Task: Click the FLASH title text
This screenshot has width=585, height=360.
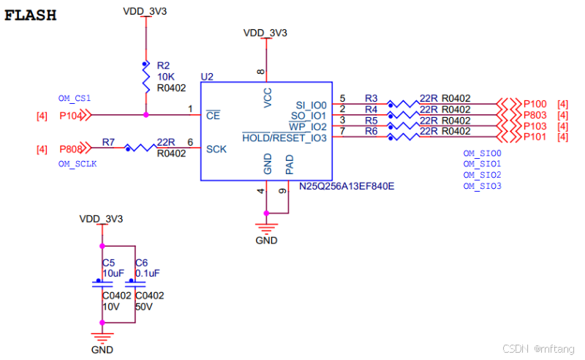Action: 31,15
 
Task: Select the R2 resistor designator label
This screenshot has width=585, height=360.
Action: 163,66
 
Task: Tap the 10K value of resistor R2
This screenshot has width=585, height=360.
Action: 165,77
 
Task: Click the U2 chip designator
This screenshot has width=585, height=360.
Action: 206,77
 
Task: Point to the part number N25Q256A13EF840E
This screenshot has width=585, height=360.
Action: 347,186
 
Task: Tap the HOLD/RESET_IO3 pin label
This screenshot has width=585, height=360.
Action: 285,138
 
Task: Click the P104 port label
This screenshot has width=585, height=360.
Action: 71,115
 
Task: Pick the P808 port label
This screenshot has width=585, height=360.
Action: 71,149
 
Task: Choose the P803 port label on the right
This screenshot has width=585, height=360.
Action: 535,115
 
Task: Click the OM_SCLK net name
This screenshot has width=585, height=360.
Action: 77,164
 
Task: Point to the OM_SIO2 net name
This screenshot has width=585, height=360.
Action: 482,176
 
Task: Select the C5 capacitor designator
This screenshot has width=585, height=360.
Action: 108,262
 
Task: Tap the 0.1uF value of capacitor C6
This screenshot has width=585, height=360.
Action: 147,273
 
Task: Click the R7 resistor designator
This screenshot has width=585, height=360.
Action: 108,141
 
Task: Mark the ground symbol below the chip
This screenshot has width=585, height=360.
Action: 267,228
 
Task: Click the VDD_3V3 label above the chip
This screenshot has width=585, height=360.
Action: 265,33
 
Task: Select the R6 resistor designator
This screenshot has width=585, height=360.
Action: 371,131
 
